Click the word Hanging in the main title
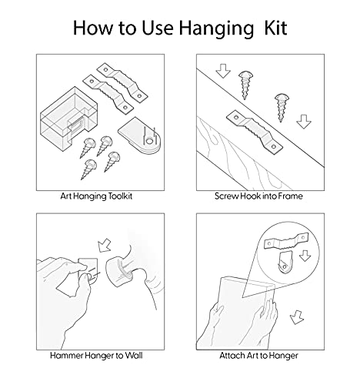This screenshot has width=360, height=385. point(216,28)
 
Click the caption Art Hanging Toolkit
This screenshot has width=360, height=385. point(96,196)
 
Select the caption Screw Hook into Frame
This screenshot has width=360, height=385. point(258,196)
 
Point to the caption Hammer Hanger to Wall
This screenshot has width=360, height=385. point(96,356)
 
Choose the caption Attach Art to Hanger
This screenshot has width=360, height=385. point(258,356)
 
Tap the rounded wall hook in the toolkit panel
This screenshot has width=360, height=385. point(140,136)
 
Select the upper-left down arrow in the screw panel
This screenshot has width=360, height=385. point(223,71)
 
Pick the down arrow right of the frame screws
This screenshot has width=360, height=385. point(304,122)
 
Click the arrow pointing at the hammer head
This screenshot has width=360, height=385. point(105,246)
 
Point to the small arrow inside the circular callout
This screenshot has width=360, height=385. point(305,256)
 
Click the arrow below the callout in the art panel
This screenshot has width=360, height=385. point(297,317)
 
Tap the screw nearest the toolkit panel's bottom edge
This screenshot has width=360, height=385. point(88,169)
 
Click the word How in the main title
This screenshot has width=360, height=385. point(93,28)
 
